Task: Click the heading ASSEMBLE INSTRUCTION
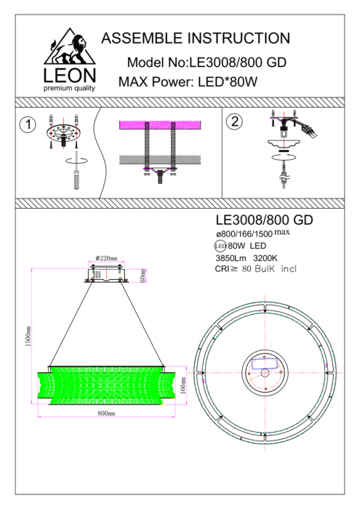196,39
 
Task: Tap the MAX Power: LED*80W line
188,82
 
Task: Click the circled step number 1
27,124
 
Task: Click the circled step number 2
234,122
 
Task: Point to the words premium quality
69,88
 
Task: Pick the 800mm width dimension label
106,412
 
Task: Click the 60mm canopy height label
144,276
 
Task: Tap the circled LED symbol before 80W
221,247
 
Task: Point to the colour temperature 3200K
265,257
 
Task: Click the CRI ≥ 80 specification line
255,268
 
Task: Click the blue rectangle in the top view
264,361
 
